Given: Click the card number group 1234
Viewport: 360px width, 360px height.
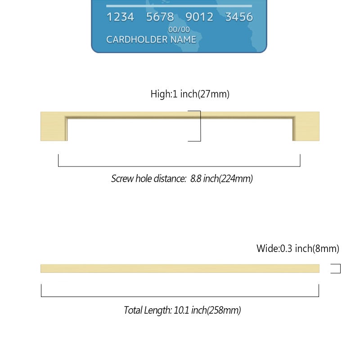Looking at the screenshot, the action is (120, 17).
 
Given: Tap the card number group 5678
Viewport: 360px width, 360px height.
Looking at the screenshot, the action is (160, 17).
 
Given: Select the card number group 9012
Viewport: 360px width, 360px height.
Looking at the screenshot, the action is (199, 17).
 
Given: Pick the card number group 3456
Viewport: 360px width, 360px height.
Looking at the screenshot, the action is (239, 17).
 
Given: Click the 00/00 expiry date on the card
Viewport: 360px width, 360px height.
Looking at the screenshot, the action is (179, 30).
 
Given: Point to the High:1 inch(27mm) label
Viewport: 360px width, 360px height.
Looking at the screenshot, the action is (190, 94).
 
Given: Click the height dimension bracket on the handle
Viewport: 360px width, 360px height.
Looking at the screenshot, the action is (200, 126).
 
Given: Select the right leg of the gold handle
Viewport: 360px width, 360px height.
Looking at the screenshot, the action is (306, 126).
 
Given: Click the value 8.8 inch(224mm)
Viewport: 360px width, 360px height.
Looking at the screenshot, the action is (221, 179).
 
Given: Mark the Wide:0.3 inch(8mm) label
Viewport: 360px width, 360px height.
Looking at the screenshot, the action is (298, 248).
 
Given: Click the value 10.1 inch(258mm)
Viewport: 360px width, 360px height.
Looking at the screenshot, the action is (207, 310).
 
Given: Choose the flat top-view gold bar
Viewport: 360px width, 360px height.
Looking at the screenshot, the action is (180, 268).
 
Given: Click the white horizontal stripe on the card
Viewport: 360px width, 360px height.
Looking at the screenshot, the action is (179, 6).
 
